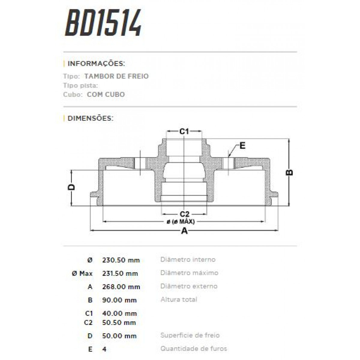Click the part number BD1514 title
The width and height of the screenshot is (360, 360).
[x=103, y=23]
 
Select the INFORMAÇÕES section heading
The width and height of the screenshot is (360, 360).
[x=96, y=64]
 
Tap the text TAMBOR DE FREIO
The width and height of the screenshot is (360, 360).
[x=116, y=76]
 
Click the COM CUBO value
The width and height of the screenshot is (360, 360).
[x=106, y=94]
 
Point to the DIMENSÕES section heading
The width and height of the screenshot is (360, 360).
[x=90, y=118]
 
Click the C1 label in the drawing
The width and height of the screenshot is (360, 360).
[x=184, y=131]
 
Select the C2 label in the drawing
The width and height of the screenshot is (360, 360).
[x=184, y=214]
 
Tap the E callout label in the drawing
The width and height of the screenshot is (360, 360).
[x=242, y=146]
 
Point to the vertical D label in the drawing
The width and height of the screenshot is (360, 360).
[x=71, y=187]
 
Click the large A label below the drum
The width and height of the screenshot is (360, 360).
[x=184, y=231]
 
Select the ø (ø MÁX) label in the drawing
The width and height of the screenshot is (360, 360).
[x=181, y=222]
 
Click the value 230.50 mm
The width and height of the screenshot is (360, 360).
[x=121, y=260]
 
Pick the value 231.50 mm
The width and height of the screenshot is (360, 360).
[x=120, y=274]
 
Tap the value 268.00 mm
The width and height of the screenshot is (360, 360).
[x=121, y=287]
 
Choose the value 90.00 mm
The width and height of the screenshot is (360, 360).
[x=119, y=300]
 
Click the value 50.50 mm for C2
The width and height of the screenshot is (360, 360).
[x=119, y=323]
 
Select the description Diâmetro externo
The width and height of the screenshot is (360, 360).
[x=189, y=286]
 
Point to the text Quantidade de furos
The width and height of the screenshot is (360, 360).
[x=193, y=349]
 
